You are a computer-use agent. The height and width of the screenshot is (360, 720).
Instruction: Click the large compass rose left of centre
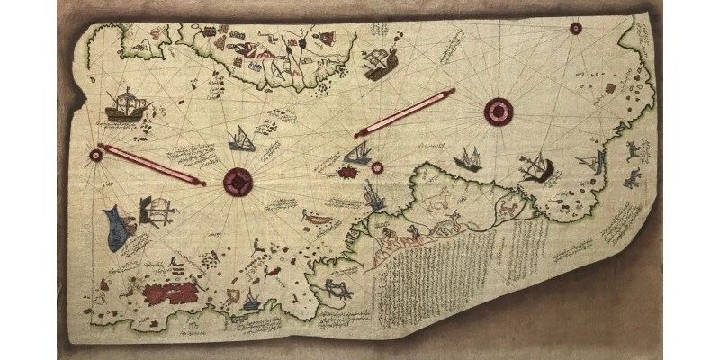click(238, 182)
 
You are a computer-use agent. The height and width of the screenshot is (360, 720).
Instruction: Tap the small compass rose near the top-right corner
click(575, 28)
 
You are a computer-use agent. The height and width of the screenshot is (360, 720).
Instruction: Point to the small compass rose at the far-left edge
click(96, 156)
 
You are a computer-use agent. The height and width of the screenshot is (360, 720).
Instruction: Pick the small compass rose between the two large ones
click(378, 166)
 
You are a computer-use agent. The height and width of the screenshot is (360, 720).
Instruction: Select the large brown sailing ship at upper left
click(127, 106)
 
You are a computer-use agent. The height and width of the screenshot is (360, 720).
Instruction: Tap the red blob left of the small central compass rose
click(346, 170)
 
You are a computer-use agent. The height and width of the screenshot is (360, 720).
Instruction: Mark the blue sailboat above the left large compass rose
click(242, 139)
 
